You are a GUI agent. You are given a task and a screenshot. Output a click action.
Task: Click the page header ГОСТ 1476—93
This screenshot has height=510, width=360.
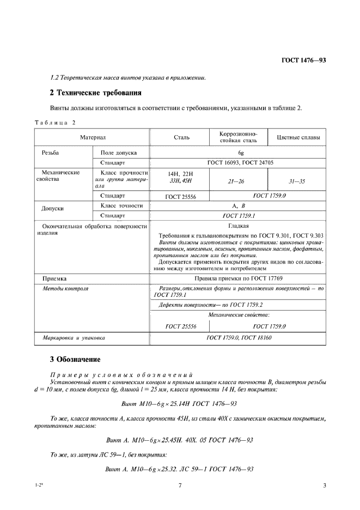click(x=303, y=60)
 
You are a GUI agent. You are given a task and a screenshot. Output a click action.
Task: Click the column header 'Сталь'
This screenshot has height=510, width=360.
click(x=181, y=138)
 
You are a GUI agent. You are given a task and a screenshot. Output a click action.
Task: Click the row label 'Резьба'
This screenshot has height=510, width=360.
click(x=50, y=154)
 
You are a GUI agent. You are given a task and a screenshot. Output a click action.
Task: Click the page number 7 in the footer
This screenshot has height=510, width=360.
click(x=180, y=486)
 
